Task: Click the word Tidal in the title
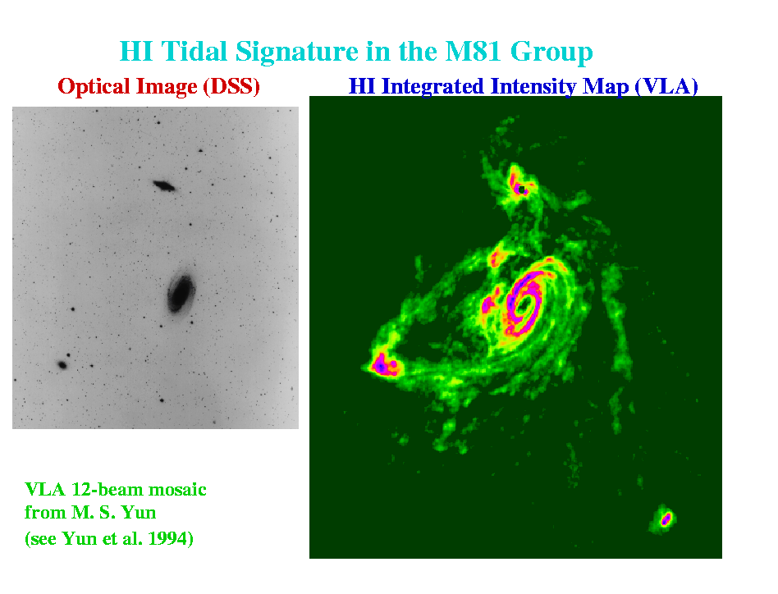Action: click(194, 51)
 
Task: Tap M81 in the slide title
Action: click(474, 51)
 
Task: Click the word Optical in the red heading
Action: click(94, 87)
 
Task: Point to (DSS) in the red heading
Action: click(231, 87)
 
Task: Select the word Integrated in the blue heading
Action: click(432, 87)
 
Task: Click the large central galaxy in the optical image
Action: click(181, 294)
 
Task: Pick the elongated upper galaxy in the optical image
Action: click(164, 186)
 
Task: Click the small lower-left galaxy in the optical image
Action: click(62, 365)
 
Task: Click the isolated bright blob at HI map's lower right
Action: click(665, 519)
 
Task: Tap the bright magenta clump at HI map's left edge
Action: click(382, 366)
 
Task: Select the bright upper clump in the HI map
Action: click(519, 184)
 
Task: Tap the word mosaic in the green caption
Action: click(177, 490)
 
